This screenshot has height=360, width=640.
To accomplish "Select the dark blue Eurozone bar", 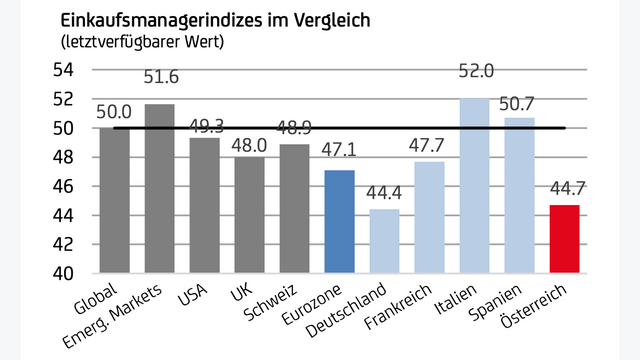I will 339,221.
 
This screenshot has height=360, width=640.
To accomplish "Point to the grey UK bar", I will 249,215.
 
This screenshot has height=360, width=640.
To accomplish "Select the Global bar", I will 114,200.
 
